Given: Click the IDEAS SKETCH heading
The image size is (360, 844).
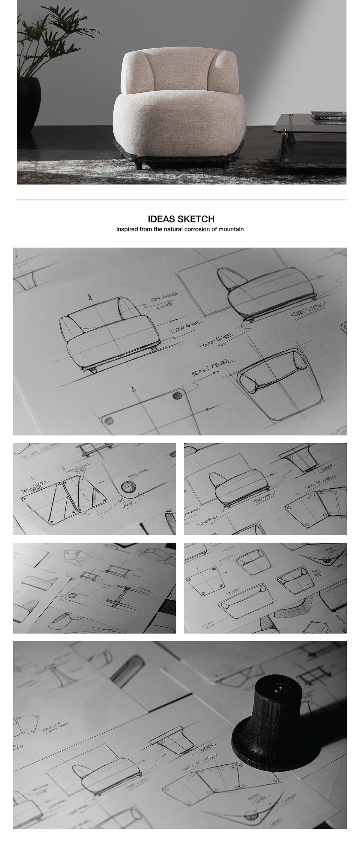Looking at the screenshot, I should tap(181, 219).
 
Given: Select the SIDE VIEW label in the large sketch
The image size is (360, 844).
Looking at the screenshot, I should tap(308, 310).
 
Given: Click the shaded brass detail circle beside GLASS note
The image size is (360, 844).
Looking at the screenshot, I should tap(128, 486).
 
